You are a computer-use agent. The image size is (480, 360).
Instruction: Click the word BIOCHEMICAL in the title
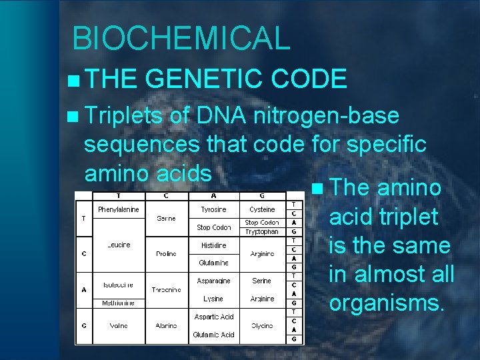[x=181, y=38]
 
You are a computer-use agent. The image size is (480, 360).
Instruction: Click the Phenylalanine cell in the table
[x=118, y=209]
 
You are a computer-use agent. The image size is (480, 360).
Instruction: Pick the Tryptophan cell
[x=261, y=231]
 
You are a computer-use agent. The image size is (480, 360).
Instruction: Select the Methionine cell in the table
[x=118, y=303]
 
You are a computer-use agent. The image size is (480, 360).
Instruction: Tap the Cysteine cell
[x=261, y=209]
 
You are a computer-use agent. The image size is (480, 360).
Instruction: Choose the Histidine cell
[x=214, y=245]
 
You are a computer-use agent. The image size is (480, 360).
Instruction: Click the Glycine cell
[x=261, y=326]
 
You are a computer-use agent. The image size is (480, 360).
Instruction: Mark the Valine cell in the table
[x=119, y=326]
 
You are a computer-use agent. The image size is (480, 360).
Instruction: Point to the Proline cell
[x=166, y=254]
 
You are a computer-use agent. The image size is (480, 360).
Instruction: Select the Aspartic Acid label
[x=214, y=317]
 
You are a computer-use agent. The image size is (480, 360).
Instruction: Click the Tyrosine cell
[x=214, y=209]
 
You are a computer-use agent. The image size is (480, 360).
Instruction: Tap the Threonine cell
[x=166, y=290]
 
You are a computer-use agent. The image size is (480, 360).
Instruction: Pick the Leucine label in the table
[x=118, y=245]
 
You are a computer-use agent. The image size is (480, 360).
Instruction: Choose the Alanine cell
[x=166, y=326]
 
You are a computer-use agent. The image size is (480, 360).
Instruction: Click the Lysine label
[x=214, y=299]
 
